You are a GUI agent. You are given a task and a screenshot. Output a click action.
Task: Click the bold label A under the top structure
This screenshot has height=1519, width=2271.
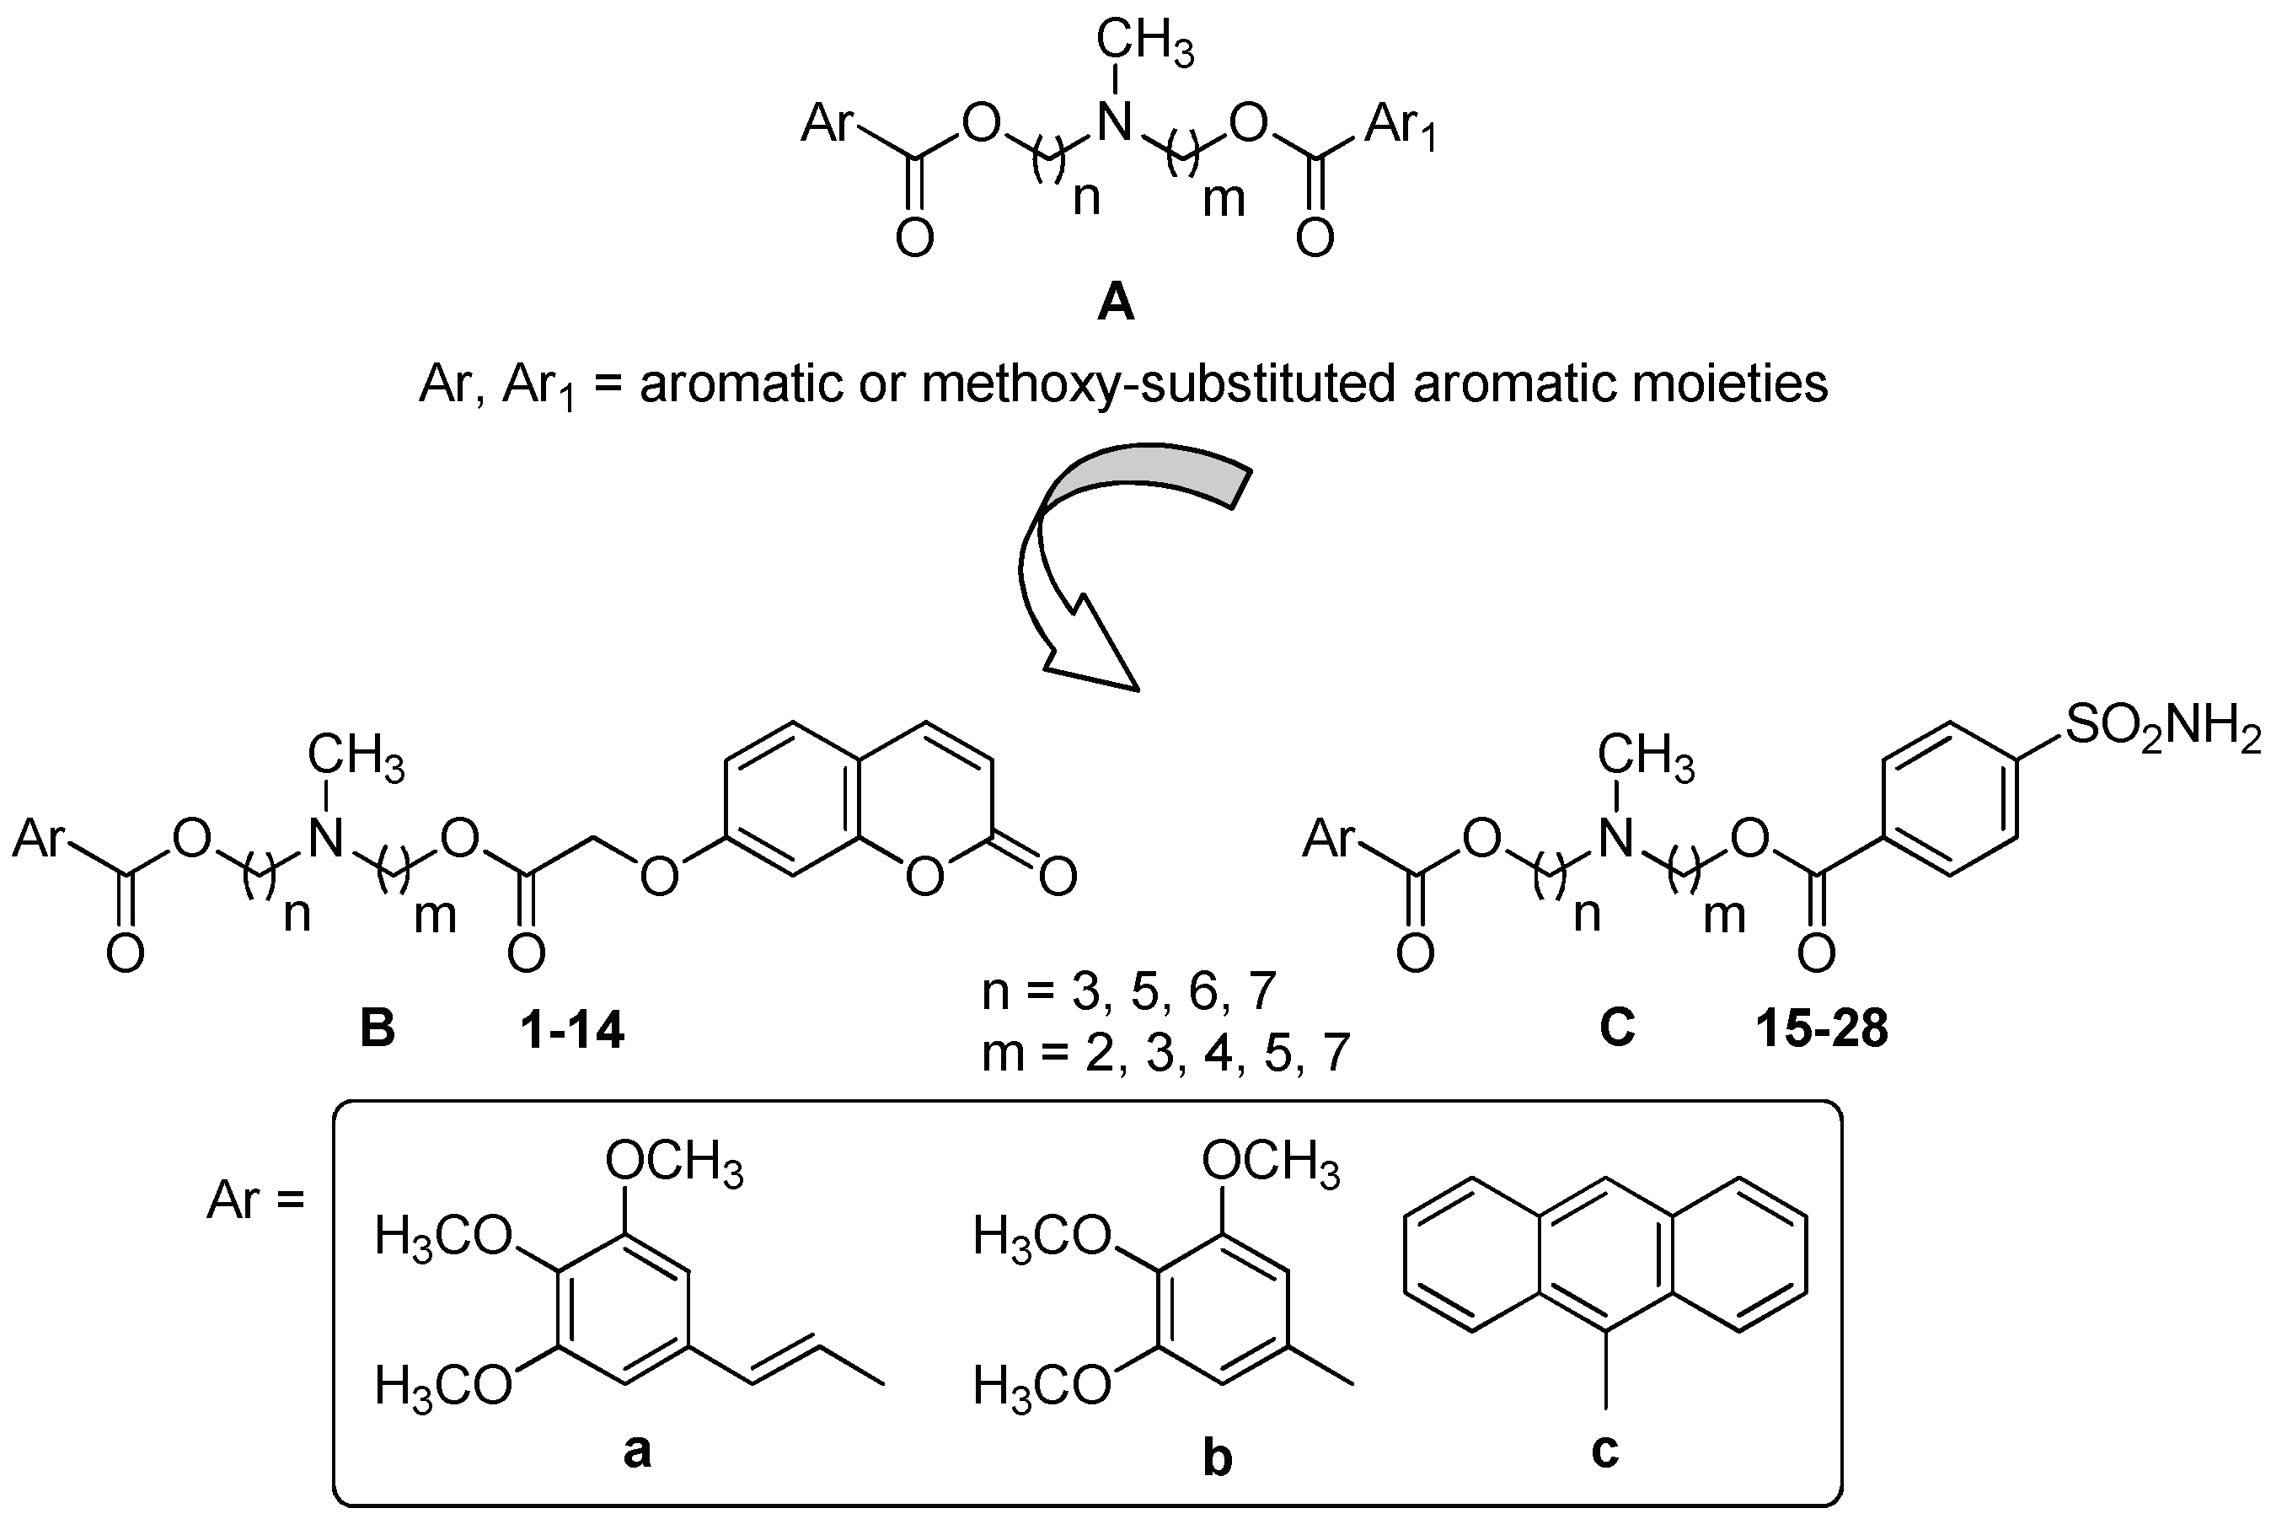[1116, 304]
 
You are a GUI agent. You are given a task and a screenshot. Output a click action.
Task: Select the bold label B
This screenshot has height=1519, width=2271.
[378, 1028]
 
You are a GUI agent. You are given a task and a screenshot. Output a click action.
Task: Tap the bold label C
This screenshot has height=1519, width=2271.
[1617, 1027]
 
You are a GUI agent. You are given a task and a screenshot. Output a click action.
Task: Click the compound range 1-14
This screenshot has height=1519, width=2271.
[572, 1031]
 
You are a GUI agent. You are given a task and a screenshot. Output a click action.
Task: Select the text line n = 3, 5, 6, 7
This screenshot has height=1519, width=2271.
[1129, 992]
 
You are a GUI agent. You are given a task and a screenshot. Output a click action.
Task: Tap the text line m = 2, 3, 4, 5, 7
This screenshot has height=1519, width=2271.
[1165, 1052]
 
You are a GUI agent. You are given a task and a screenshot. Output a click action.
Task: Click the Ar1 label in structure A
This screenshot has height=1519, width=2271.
[1401, 126]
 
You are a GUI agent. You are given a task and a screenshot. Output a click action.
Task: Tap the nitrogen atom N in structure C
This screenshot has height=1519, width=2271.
[1615, 839]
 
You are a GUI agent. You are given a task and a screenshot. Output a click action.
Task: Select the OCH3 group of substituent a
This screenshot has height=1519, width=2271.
[675, 1162]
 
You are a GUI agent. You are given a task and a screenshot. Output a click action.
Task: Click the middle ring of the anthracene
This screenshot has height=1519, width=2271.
[1605, 1255]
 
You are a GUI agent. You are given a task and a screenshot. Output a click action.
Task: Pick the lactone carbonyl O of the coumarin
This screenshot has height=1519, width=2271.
[1058, 876]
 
